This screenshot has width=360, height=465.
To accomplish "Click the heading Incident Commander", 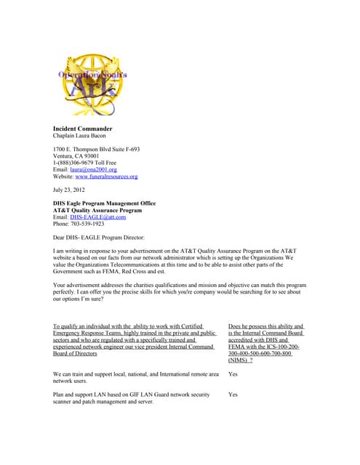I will coord(82,129).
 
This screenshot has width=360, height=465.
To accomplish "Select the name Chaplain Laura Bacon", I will coord(79,136).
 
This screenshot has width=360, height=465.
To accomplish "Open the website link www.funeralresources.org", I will coord(106,177).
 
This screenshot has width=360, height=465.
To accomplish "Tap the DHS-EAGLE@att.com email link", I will coord(98,217).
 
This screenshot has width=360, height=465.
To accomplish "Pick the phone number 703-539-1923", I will coord(87,223).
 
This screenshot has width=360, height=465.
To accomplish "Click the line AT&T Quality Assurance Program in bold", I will coord(97,210).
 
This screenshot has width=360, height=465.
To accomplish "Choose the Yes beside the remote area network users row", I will coord(233,374).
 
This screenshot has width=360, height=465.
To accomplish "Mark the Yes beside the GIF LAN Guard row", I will coord(233,395).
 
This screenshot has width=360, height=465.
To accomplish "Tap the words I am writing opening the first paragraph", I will coord(71,251).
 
